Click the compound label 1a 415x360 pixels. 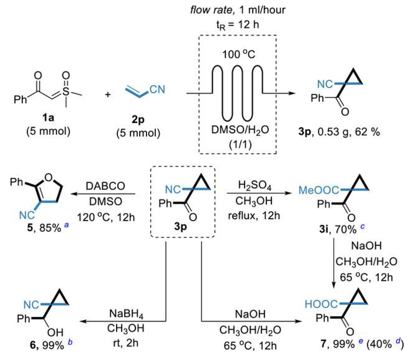(48, 118)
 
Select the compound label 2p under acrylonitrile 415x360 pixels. (138, 119)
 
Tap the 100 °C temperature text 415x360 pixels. (238, 54)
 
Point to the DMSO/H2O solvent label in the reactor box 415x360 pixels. (240, 130)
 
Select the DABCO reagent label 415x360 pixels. (105, 186)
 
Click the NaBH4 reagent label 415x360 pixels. (126, 314)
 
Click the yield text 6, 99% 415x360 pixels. (47, 345)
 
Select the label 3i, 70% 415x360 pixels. (338, 229)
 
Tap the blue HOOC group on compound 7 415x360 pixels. (321, 304)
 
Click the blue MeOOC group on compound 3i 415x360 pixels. (318, 190)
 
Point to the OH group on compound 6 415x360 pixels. (55, 332)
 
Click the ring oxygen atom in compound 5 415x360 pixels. (49, 177)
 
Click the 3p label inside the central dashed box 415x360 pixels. (181, 226)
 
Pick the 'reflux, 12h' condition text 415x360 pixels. (254, 215)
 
